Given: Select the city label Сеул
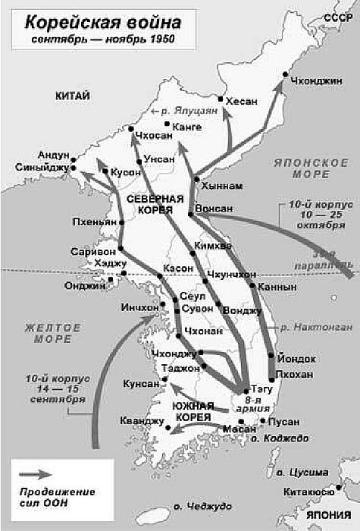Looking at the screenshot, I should pyautogui.click(x=190, y=296).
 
